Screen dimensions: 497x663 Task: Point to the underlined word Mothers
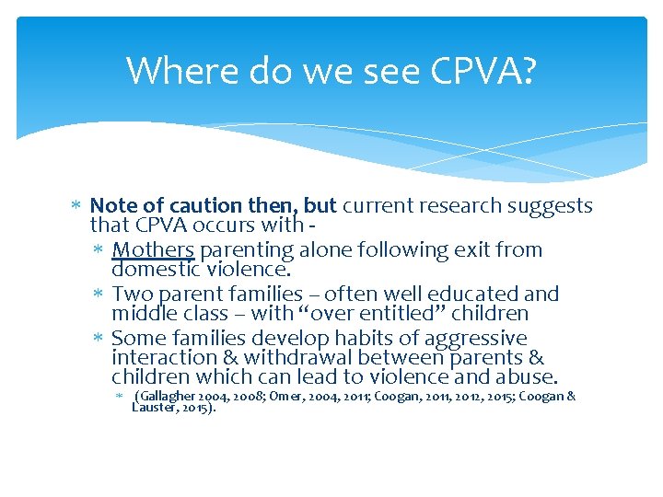(x=153, y=249)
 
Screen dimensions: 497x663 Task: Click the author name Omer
(x=283, y=397)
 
